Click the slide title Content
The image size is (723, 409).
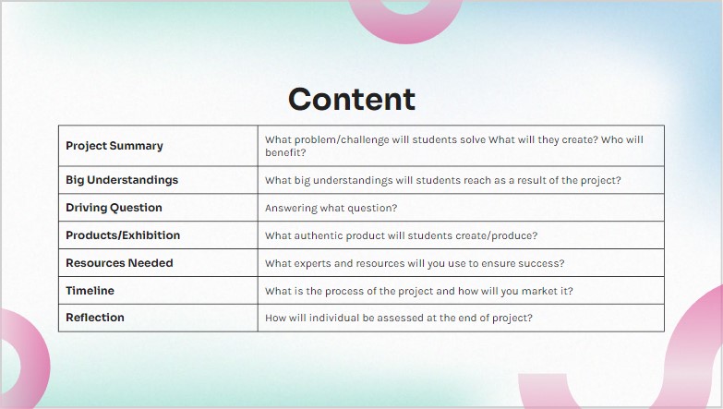352,99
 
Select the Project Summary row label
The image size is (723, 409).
114,146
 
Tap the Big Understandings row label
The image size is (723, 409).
122,180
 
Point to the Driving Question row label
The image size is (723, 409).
114,208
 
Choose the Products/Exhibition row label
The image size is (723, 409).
123,235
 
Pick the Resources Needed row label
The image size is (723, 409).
119,263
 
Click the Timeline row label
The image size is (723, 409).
90,291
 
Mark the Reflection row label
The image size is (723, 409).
95,318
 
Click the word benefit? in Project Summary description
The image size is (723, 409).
285,152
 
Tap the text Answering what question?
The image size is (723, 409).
331,208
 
